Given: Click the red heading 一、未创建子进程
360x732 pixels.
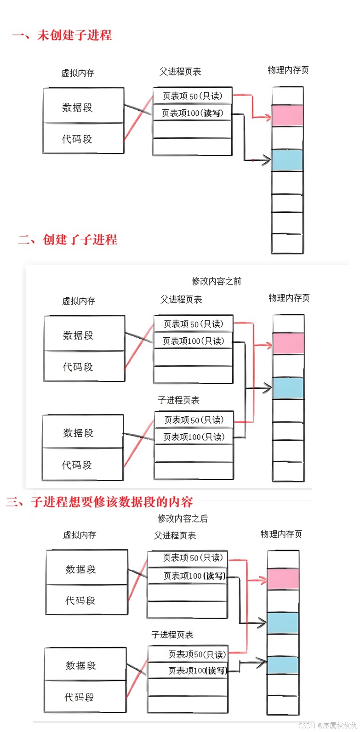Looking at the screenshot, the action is point(62,35).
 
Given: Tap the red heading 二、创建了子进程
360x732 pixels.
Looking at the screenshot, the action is point(68,239).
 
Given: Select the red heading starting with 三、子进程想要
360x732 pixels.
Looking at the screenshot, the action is point(99,501).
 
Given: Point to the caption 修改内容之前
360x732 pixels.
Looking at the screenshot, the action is point(216,281).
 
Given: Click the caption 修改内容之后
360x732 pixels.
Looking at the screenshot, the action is point(183,518).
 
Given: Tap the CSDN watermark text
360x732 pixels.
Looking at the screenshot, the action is point(327,726).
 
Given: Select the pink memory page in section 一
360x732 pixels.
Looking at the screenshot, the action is point(287,116).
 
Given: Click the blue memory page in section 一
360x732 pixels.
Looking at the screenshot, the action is point(287,160).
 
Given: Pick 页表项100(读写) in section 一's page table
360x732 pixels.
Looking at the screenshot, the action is point(192,113).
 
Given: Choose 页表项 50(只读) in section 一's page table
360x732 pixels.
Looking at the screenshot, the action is point(192,96).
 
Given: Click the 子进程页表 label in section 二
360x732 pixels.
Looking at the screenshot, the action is point(178,400).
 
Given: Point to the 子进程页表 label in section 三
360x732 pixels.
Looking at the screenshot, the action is point(172,635).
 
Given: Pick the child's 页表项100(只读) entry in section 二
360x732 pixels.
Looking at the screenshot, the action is point(194,437).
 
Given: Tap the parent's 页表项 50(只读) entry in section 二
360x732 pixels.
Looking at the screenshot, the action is point(193,324).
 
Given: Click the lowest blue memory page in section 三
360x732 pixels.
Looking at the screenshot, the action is point(283,665).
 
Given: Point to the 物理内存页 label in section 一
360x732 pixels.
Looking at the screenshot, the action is point(288,70).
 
